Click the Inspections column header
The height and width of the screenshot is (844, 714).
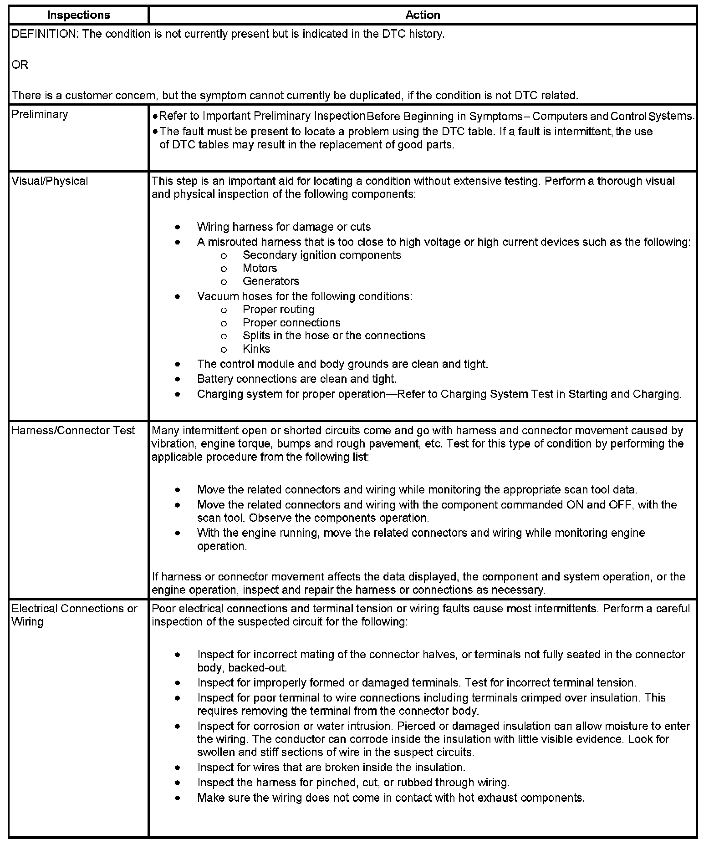tap(78, 15)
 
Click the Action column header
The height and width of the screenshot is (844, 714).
tap(423, 15)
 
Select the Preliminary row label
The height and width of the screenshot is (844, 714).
tap(40, 114)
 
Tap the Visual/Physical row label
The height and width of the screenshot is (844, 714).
tap(50, 181)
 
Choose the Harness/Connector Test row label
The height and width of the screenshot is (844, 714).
tap(73, 431)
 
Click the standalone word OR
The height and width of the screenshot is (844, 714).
tap(20, 65)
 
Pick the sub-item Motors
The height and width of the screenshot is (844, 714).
tap(260, 268)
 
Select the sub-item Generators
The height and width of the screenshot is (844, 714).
tap(271, 281)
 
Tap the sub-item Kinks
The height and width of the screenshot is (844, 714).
tap(256, 349)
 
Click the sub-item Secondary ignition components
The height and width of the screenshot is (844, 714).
tap(322, 255)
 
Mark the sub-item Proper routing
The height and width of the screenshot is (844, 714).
tap(278, 310)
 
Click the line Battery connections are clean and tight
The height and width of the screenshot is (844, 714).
tap(296, 379)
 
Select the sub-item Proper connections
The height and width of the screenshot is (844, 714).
tap(291, 323)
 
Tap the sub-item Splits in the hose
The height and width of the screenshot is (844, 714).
tap(334, 336)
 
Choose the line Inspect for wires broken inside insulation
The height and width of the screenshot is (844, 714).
tap(331, 768)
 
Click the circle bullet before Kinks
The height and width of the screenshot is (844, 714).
tap(224, 350)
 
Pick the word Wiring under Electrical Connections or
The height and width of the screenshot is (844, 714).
tap(27, 622)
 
